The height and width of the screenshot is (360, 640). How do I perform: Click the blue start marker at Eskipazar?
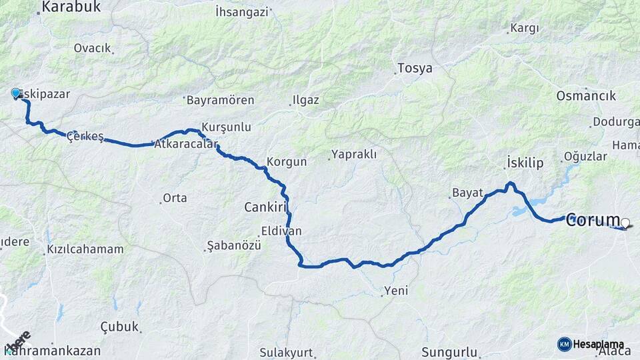click(15, 93)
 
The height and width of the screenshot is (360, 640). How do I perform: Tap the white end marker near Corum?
click(625, 223)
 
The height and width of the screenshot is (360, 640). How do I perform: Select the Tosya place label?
click(415, 68)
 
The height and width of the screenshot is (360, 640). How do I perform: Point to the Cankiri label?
click(265, 207)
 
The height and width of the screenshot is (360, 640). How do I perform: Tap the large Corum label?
click(593, 222)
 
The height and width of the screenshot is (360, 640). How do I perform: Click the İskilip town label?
click(525, 163)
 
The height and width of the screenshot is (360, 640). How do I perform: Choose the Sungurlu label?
click(450, 351)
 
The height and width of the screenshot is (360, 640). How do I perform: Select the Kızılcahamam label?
click(85, 249)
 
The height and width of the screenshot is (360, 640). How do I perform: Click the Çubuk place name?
click(119, 327)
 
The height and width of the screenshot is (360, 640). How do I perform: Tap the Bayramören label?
click(220, 100)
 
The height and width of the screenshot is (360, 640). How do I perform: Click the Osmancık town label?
click(586, 96)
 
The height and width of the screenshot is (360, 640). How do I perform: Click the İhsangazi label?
click(242, 12)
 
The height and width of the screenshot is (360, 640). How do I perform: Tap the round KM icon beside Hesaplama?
click(564, 344)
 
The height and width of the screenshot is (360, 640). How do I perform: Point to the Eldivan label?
click(281, 231)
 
